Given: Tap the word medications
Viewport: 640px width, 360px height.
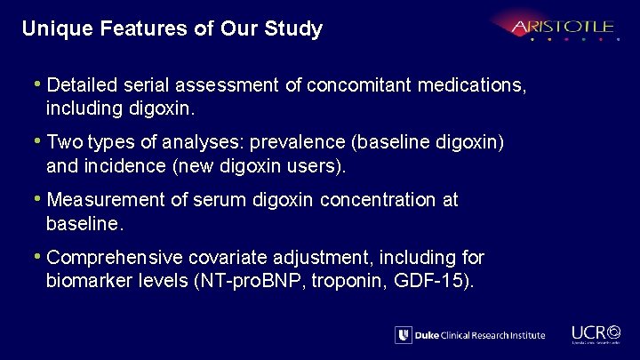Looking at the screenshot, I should point(476,86).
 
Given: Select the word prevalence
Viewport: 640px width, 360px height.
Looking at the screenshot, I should point(296,143).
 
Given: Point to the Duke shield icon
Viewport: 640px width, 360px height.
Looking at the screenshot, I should point(404,335).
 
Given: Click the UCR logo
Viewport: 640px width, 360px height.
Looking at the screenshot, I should point(595,330).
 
